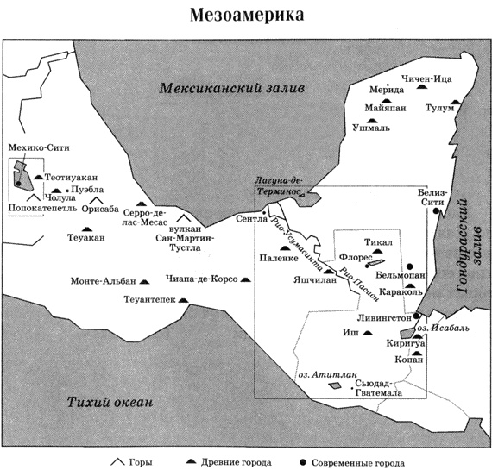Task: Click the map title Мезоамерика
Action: click(x=247, y=15)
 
